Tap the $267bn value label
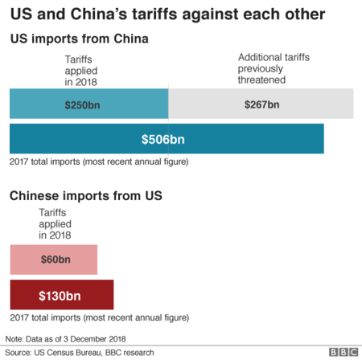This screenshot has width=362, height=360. tap(262, 104)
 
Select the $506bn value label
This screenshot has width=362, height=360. tap(163, 140)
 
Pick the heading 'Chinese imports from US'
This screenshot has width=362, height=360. tap(86, 196)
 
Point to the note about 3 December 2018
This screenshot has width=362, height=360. tap(66, 338)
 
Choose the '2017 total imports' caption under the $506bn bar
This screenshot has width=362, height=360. tap(98, 162)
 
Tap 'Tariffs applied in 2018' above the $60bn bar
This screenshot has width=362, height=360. tap(55, 224)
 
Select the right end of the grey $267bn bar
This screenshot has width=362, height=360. tap(352, 104)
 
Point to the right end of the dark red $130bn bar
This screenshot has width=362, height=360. tap(113, 295)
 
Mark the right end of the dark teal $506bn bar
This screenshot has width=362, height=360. tap(323, 139)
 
